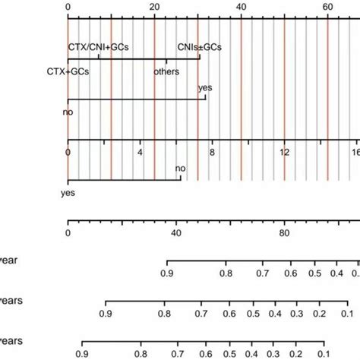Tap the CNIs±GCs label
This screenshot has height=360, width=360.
point(199,47)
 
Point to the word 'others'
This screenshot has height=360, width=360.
point(166,73)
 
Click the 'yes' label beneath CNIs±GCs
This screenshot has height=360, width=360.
point(205,88)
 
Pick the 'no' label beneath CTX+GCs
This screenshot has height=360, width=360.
point(68,112)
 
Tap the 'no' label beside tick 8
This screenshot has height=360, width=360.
point(180,168)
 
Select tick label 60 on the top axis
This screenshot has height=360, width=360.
point(327,6)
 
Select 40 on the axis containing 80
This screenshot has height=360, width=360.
point(176,233)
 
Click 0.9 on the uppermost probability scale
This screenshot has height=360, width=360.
point(166,272)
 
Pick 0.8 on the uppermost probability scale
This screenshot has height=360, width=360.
point(225,272)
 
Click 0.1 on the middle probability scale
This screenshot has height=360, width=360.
point(345,312)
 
